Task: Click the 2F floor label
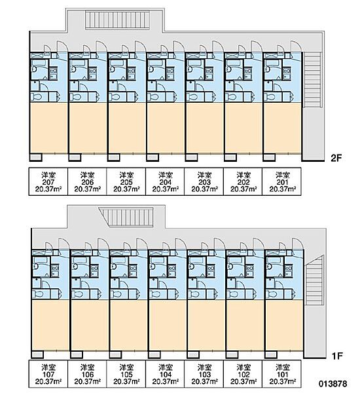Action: click(x=336, y=158)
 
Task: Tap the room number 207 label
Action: click(x=48, y=182)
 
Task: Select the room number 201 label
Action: click(x=282, y=182)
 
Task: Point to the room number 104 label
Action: click(x=166, y=375)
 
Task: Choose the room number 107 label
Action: click(x=48, y=375)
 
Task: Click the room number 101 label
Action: click(x=282, y=375)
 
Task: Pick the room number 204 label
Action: click(x=166, y=182)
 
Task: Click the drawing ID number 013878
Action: click(x=333, y=384)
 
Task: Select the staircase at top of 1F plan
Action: click(x=126, y=217)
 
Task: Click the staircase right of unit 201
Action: click(x=312, y=80)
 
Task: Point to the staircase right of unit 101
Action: click(x=314, y=280)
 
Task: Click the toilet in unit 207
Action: click(x=37, y=97)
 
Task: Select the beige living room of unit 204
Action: click(x=166, y=128)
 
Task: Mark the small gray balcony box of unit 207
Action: click(x=36, y=157)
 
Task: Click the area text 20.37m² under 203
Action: click(x=204, y=189)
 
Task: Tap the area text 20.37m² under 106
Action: click(x=88, y=382)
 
